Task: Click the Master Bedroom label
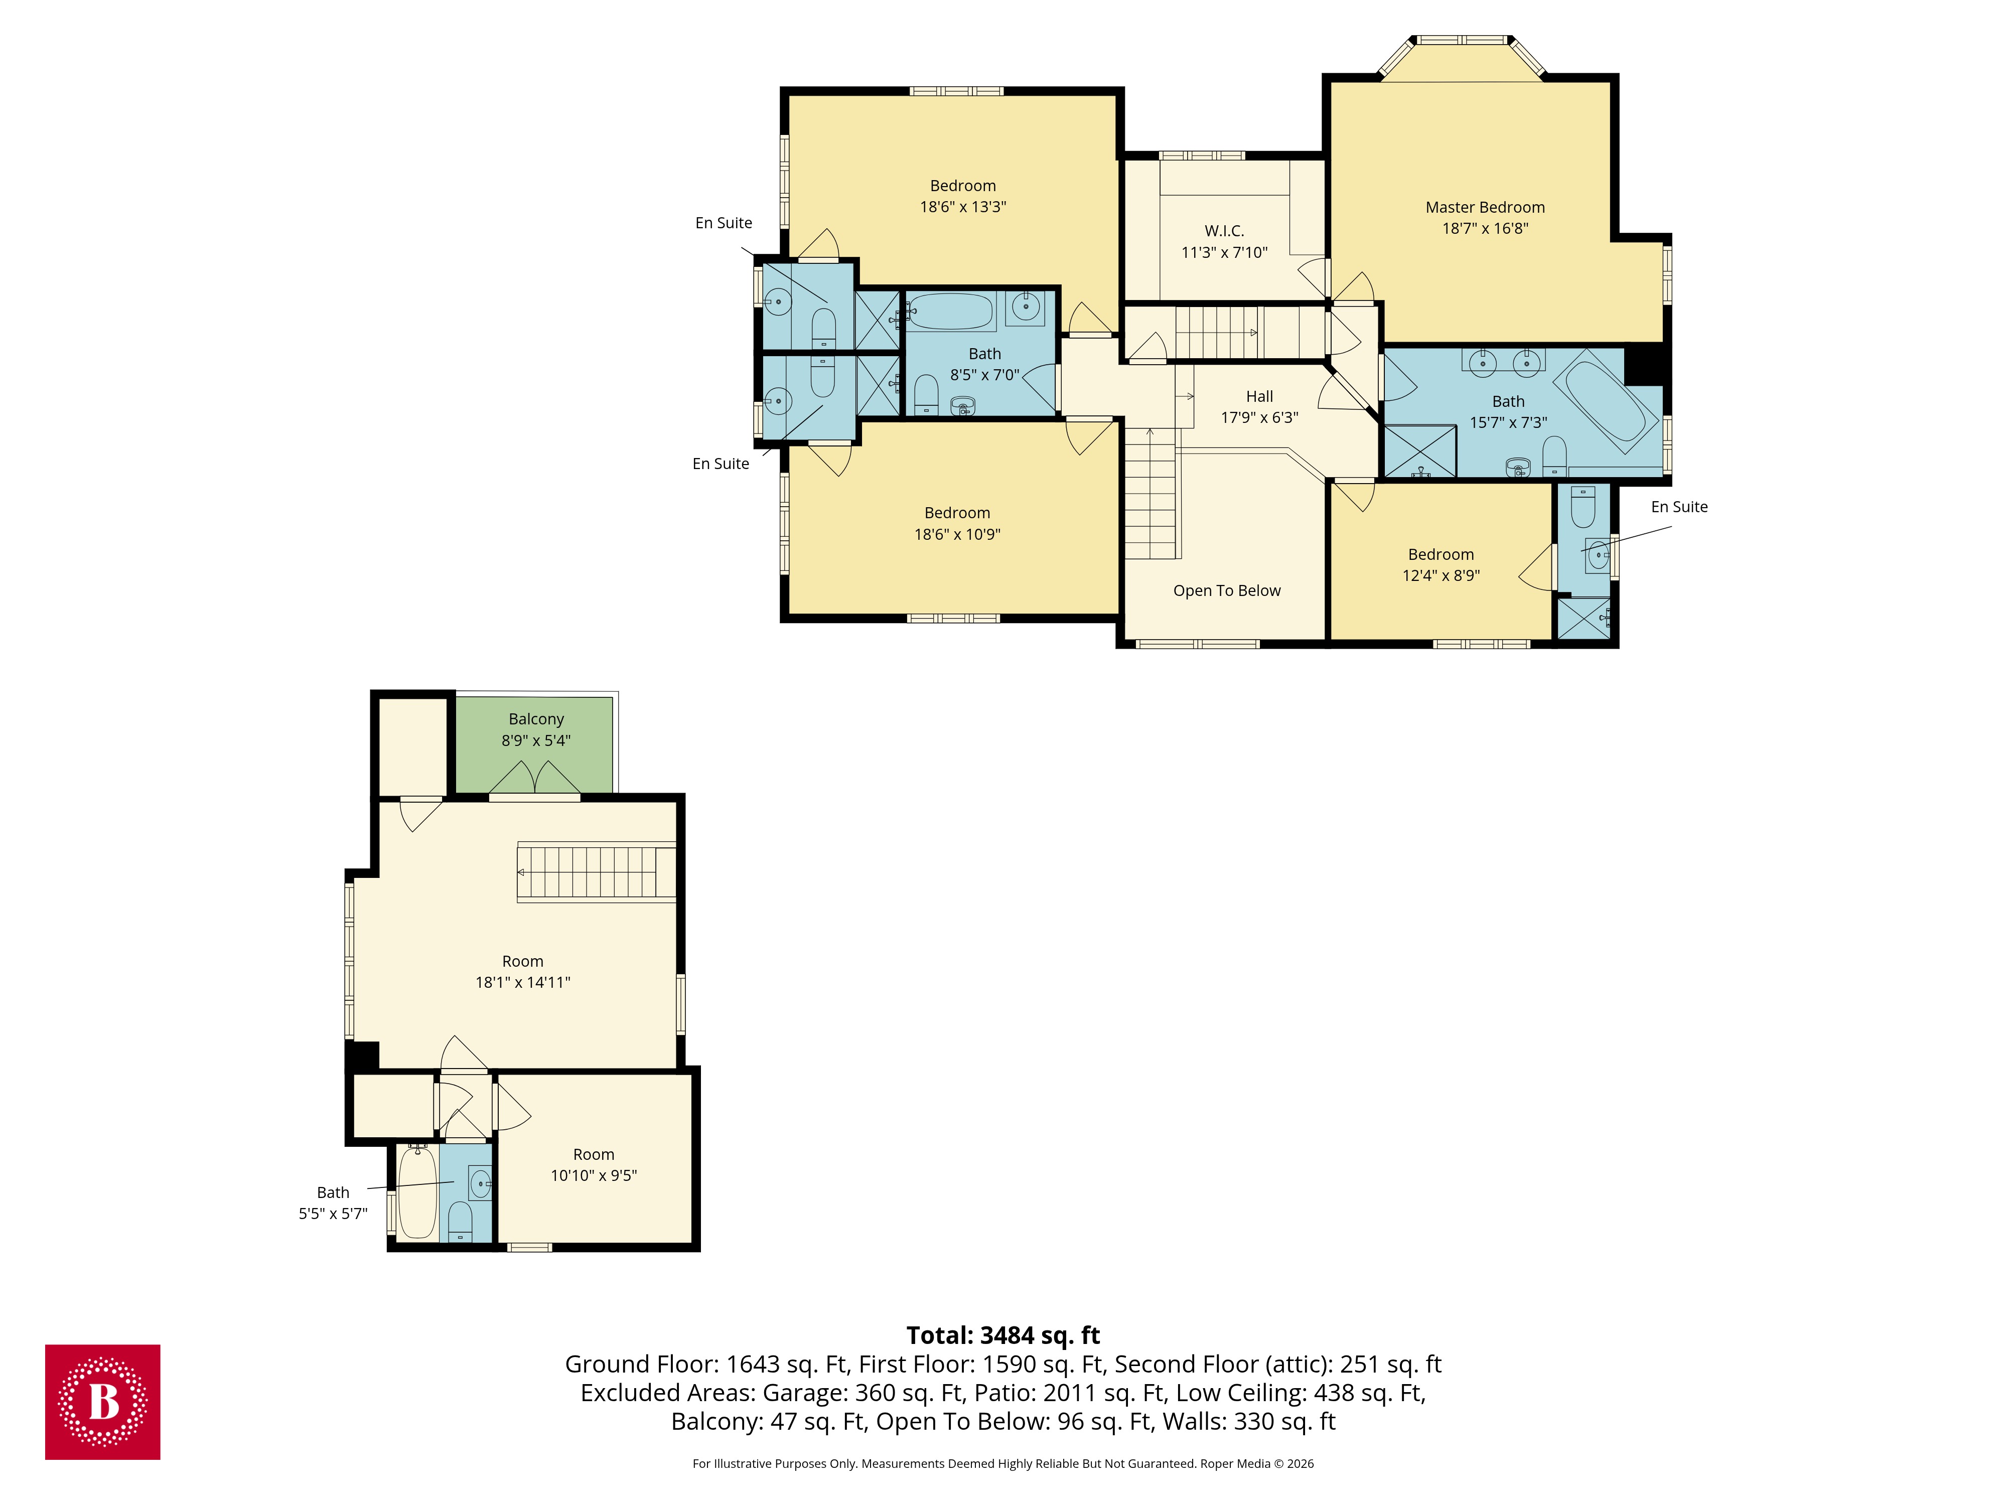[1484, 208]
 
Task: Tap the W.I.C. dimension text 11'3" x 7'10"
[1224, 252]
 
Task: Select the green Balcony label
[535, 719]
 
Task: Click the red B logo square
[102, 1402]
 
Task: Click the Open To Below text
[1227, 590]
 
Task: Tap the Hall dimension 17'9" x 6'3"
[1259, 417]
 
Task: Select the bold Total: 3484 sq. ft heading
[1002, 1335]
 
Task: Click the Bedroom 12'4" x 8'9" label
[1441, 554]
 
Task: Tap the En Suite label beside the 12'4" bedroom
[1678, 507]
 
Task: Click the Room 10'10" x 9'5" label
[594, 1155]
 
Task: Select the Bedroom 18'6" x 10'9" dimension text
[957, 534]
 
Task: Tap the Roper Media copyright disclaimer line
[1002, 1463]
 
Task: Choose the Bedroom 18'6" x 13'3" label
[963, 186]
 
